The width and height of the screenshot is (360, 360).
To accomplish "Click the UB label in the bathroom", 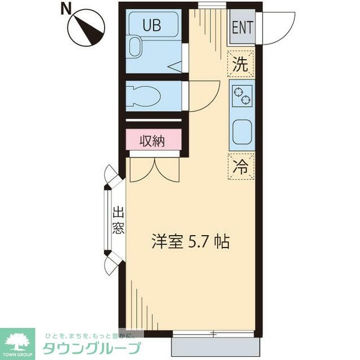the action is (152, 25).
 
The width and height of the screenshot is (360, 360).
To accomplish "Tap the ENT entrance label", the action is (242, 27).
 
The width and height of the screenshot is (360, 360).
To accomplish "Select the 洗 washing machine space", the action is (241, 64).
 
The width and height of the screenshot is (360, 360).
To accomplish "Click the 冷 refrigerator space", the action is (241, 166).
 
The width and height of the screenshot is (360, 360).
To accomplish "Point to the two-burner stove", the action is (242, 96).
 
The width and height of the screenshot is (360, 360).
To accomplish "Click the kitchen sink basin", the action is (242, 133).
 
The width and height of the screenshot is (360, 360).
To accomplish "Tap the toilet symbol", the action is (143, 96).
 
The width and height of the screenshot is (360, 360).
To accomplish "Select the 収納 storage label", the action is (152, 141).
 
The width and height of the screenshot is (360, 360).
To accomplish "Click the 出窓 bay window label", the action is (118, 220).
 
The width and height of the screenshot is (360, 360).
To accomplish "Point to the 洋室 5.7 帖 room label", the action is (191, 241).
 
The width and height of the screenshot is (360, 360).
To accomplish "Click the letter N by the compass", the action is (66, 10).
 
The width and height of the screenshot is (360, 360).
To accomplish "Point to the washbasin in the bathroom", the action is (134, 47).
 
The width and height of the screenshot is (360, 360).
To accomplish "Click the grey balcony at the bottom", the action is (215, 346).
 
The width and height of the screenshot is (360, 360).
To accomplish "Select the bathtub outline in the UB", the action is (154, 25).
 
